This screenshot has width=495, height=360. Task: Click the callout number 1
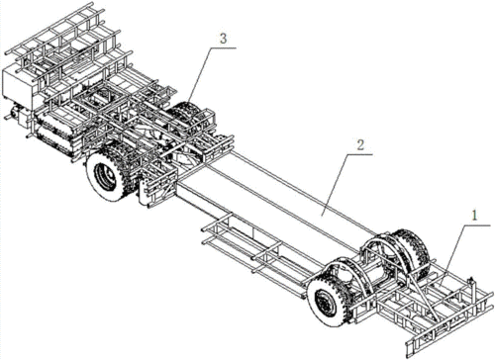coord(474,216)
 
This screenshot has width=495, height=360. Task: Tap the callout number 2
coord(360,144)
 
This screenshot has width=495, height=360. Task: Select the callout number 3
coord(223,39)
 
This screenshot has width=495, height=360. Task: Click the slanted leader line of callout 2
coord(335,185)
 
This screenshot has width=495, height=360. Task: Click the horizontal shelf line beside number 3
coord(224,48)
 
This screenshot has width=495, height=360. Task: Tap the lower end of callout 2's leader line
coord(323,216)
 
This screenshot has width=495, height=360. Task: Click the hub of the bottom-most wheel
coord(321,300)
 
